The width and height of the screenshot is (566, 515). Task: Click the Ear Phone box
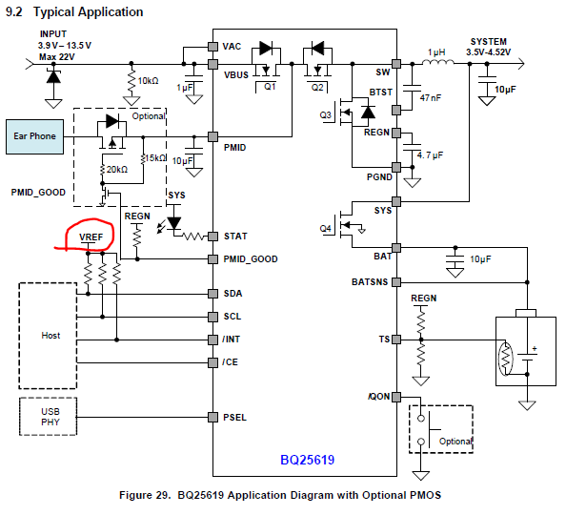[34, 136]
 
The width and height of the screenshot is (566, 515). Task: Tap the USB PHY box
[48, 417]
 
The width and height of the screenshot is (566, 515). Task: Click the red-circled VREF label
[91, 237]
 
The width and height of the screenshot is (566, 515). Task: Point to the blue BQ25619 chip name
[307, 460]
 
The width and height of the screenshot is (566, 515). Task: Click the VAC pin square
[213, 47]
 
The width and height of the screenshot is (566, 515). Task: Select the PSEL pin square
[213, 417]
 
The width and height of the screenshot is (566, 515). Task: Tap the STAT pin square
[213, 237]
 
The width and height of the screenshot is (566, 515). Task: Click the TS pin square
[396, 340]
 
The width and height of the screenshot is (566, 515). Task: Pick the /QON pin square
[396, 397]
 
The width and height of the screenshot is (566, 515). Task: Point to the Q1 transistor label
[270, 87]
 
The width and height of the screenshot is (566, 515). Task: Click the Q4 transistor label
[325, 228]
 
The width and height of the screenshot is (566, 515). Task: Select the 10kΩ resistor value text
[148, 81]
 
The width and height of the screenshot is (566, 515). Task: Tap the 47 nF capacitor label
[431, 97]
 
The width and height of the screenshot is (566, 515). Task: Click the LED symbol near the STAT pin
[174, 222]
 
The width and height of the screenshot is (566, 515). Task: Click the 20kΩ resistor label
[117, 169]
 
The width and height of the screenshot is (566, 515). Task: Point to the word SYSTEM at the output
[489, 42]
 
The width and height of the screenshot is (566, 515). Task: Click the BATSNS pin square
[396, 282]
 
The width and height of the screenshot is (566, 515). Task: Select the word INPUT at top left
[53, 34]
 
